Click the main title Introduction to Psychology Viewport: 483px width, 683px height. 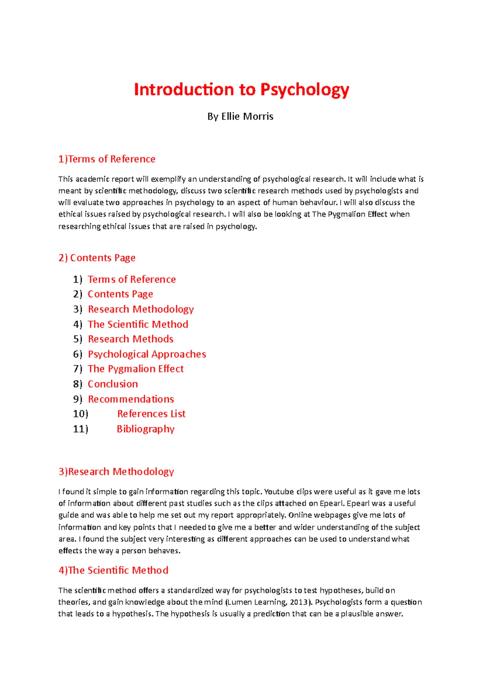click(241, 90)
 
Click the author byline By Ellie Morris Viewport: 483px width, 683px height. click(240, 117)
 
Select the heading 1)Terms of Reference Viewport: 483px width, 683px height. click(107, 159)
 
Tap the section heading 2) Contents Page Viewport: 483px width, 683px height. click(97, 258)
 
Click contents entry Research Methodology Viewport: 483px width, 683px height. click(141, 309)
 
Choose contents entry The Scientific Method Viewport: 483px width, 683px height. click(138, 324)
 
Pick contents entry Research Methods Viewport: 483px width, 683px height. click(130, 339)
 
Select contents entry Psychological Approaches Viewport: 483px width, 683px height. click(147, 354)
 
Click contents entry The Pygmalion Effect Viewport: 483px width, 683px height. click(136, 369)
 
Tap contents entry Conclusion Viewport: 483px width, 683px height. click(113, 384)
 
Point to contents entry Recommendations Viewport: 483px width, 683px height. click(131, 399)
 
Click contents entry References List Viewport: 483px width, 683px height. click(151, 414)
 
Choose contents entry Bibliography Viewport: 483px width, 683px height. click(145, 429)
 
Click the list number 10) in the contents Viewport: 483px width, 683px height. click(80, 414)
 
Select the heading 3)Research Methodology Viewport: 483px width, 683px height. click(116, 472)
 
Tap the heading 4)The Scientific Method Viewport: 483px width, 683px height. click(113, 570)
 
